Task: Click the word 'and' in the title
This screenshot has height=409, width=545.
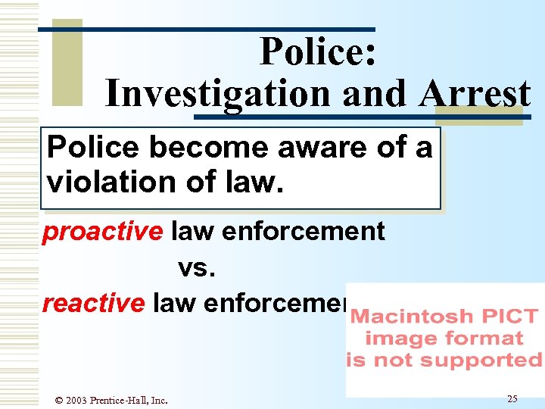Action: pyautogui.click(x=369, y=95)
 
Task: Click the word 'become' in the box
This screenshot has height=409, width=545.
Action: pyautogui.click(x=211, y=148)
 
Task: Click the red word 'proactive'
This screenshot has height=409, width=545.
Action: pyautogui.click(x=102, y=232)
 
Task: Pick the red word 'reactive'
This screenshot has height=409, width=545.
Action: pyautogui.click(x=93, y=303)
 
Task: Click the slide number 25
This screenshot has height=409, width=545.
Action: pyautogui.click(x=512, y=398)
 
